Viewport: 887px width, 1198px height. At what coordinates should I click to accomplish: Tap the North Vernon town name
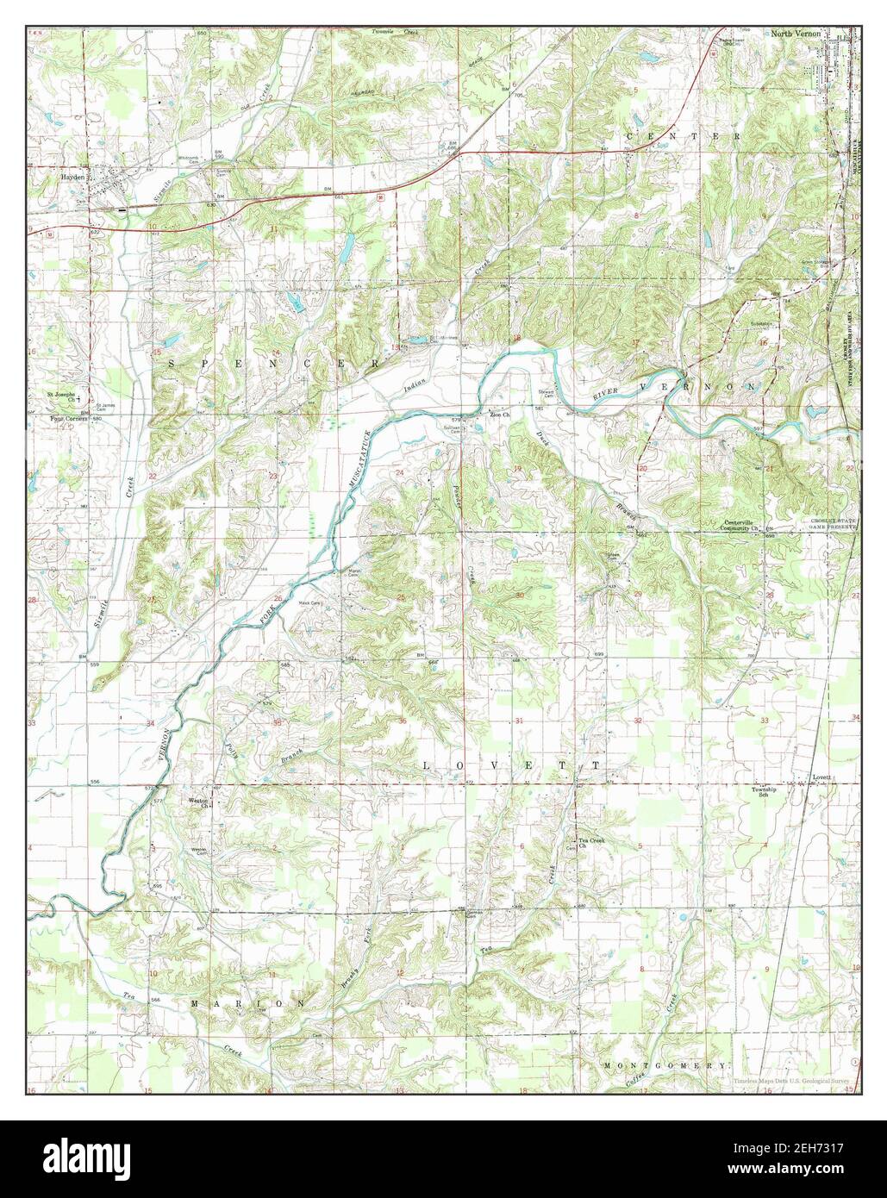795,34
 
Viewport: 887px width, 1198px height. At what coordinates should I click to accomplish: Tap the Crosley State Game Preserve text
830,525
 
